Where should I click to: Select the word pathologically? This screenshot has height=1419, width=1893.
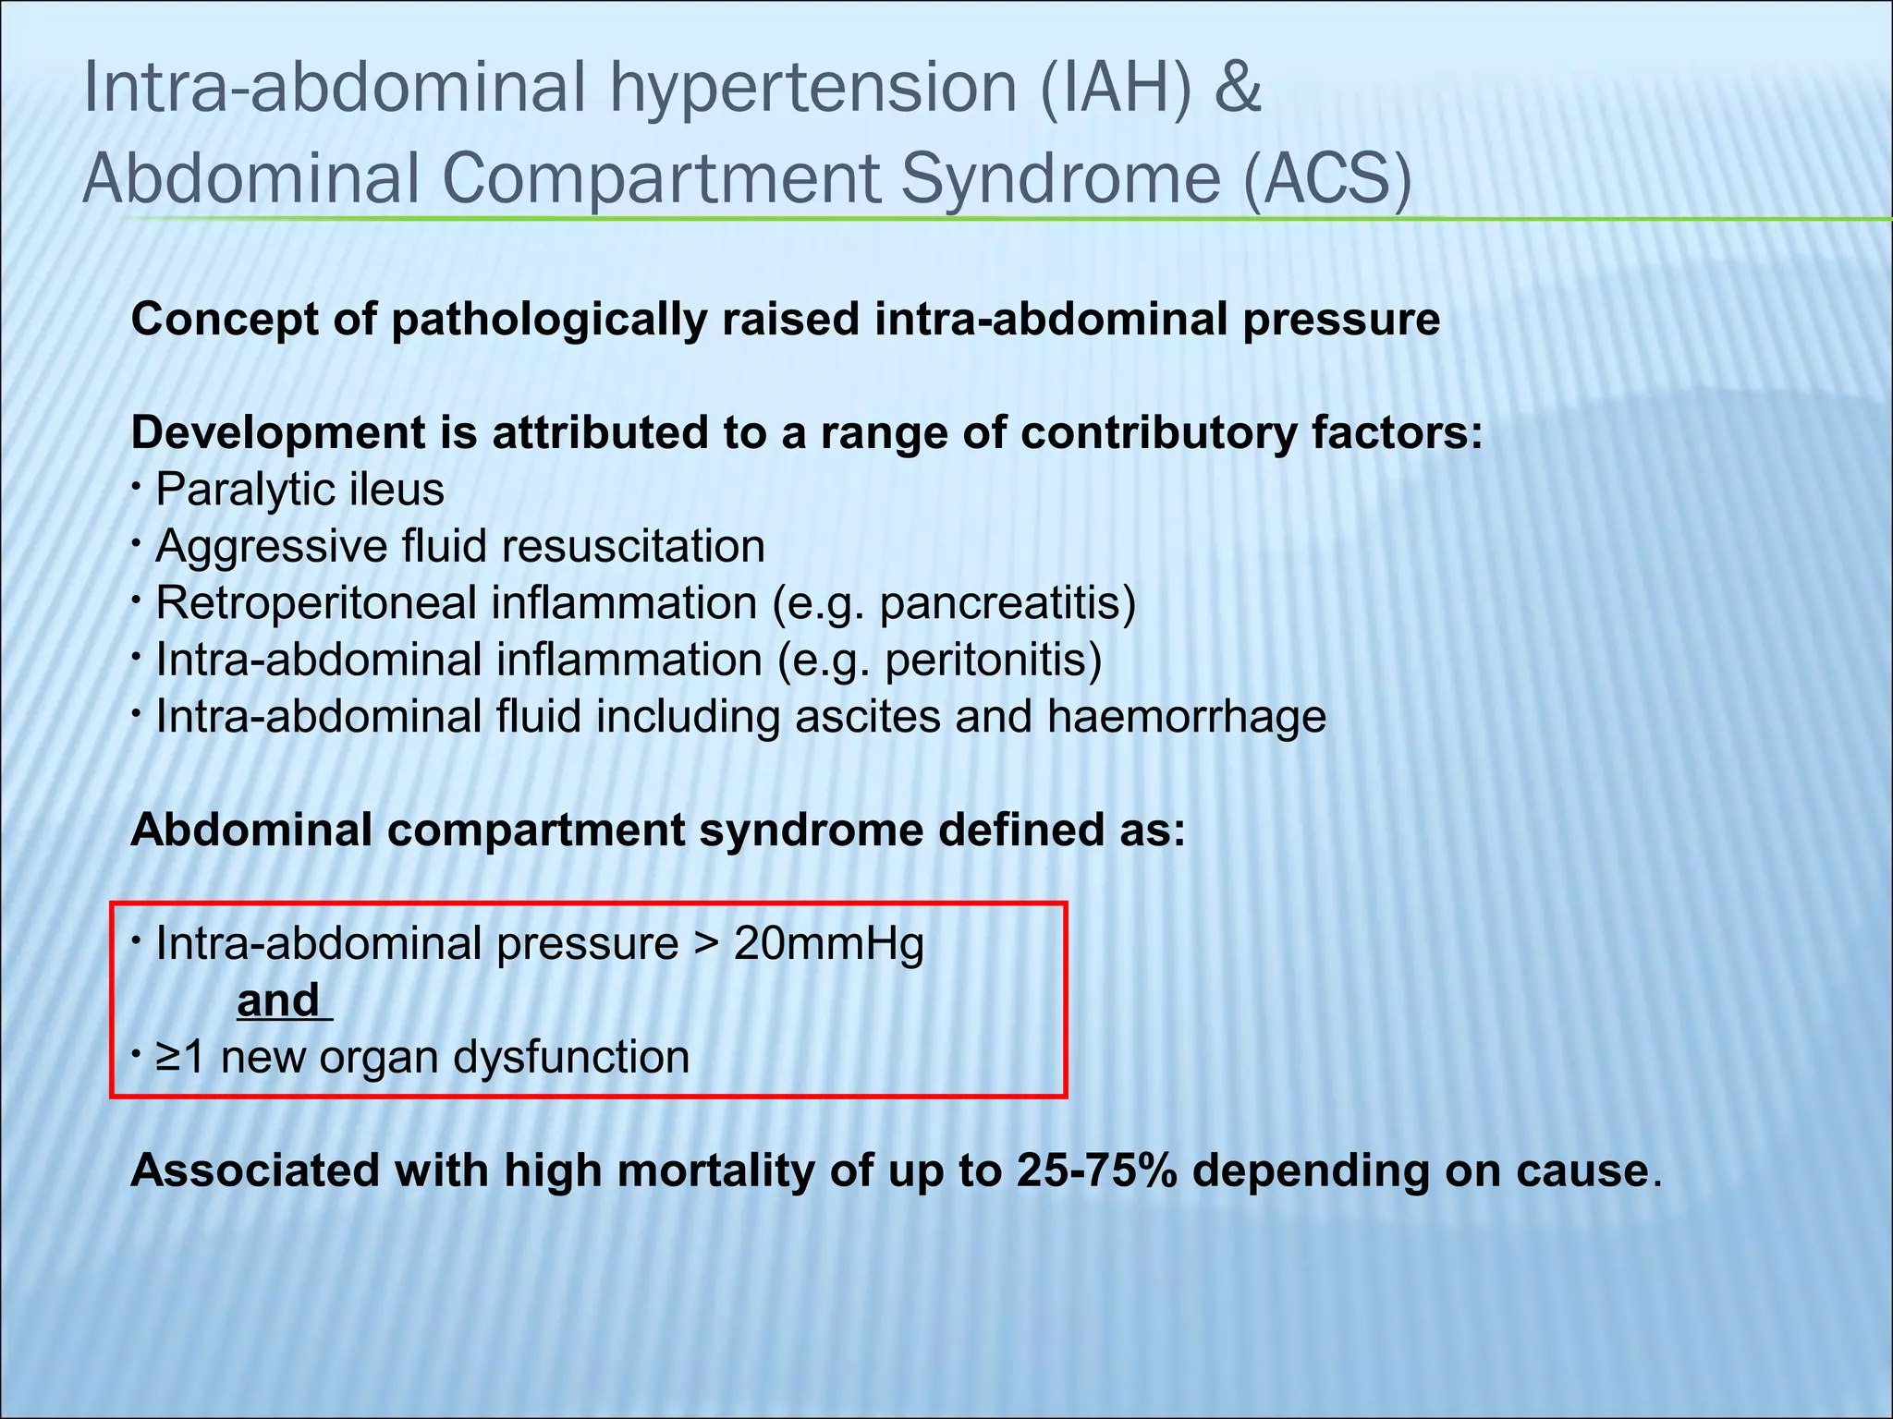(549, 321)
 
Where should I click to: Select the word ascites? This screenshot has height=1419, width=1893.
(866, 717)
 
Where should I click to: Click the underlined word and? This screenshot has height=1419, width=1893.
(279, 1001)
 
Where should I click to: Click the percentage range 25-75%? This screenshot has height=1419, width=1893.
(1096, 1171)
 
